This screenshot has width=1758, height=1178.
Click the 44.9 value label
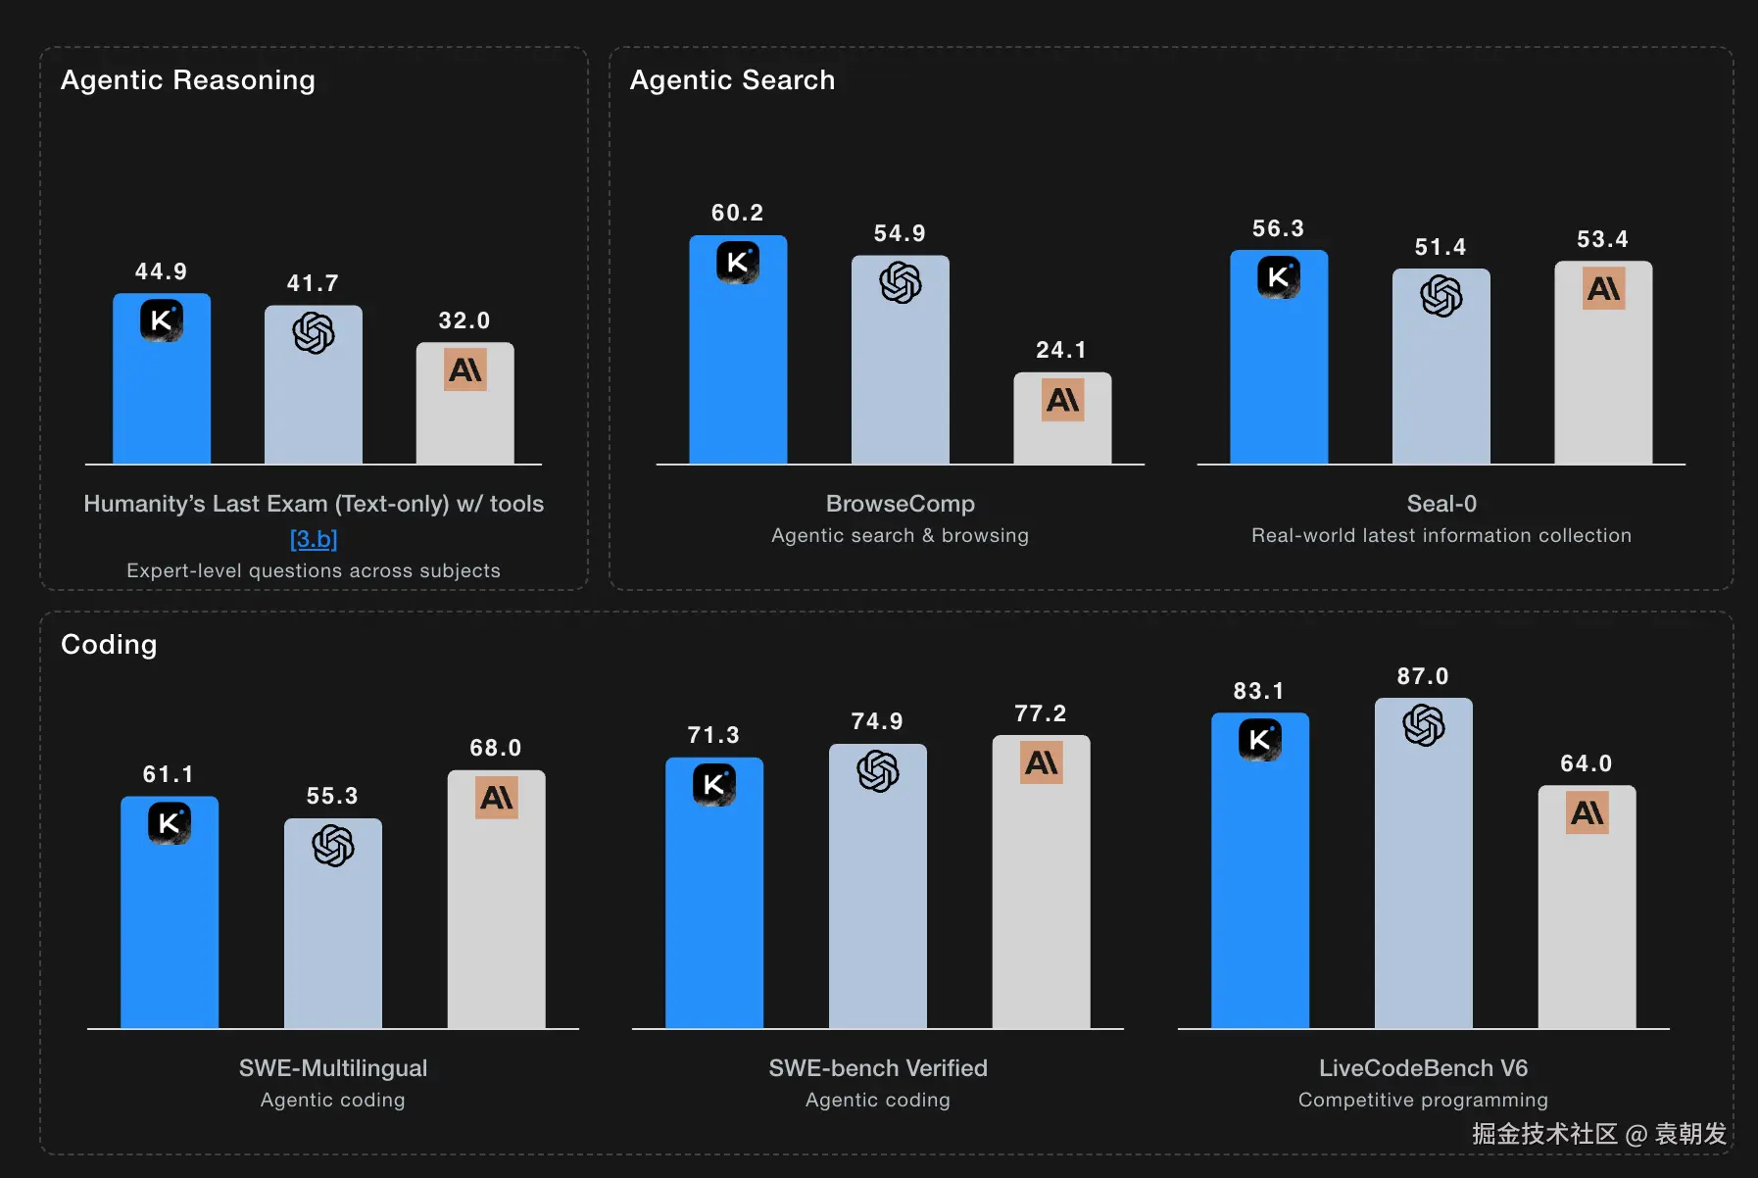pyautogui.click(x=161, y=271)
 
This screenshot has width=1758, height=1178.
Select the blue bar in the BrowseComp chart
pyautogui.click(x=738, y=349)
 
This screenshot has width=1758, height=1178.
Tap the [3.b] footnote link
pyautogui.click(x=314, y=539)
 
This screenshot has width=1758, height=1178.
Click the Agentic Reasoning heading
pyautogui.click(x=188, y=80)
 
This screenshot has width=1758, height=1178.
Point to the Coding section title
pyautogui.click(x=109, y=645)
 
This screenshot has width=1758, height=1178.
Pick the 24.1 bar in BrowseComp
pyautogui.click(x=1062, y=417)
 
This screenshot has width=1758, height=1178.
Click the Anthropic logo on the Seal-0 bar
pyautogui.click(x=1604, y=288)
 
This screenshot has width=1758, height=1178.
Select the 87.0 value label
pyautogui.click(x=1423, y=676)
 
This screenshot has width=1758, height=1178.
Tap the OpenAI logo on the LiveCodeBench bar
pyautogui.click(x=1424, y=726)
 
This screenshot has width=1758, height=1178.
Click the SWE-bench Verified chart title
pyautogui.click(x=878, y=1068)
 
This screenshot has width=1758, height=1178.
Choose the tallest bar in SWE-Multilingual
pyautogui.click(x=497, y=899)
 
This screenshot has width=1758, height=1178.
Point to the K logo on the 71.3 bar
pyautogui.click(x=714, y=784)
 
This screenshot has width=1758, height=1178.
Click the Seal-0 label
pyautogui.click(x=1441, y=504)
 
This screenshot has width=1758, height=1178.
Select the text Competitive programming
pyautogui.click(x=1423, y=1100)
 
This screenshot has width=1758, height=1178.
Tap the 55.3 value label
pyautogui.click(x=332, y=796)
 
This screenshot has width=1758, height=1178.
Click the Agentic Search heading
pyautogui.click(x=732, y=80)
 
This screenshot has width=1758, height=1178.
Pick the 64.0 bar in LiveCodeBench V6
pyautogui.click(x=1587, y=907)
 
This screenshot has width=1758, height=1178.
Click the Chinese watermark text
pyautogui.click(x=1599, y=1134)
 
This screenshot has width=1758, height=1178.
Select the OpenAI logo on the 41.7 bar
pyautogui.click(x=314, y=333)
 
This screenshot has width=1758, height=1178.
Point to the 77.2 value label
pyautogui.click(x=1041, y=713)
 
